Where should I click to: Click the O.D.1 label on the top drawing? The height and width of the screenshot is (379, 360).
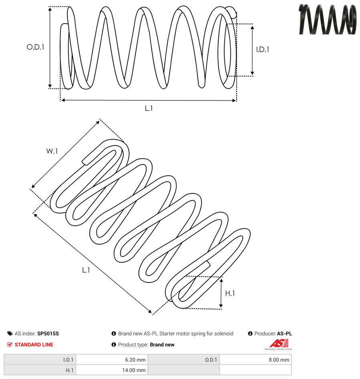pos(35,47)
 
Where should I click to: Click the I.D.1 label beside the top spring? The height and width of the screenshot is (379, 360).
pos(263,50)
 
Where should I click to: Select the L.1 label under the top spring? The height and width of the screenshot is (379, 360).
pos(149,108)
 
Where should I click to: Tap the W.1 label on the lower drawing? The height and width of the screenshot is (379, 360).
pos(52,151)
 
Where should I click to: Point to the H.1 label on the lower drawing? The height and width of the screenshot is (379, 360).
pos(230,293)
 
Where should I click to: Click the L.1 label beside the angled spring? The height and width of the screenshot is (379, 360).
pos(86,270)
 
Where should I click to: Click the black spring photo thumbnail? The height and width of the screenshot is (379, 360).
pos(328,19)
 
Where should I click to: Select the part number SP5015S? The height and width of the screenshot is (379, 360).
pos(48,333)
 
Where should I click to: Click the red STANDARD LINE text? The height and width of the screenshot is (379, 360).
pos(34,345)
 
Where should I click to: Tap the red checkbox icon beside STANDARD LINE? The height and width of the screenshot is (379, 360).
pos(10,345)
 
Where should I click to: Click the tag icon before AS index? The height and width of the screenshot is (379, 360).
pos(10,333)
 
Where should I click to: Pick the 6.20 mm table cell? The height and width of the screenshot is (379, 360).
pos(112,360)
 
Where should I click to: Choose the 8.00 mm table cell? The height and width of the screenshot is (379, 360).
pos(255,360)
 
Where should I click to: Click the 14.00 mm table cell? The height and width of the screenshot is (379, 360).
pos(112,370)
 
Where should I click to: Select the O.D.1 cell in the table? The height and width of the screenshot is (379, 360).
pos(183,360)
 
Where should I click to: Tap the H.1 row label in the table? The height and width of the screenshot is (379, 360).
pos(40,370)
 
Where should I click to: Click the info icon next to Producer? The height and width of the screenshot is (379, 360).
pos(250,333)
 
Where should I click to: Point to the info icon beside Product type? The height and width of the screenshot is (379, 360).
pos(114,345)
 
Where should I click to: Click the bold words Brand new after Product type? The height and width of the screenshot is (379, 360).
pos(162,345)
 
